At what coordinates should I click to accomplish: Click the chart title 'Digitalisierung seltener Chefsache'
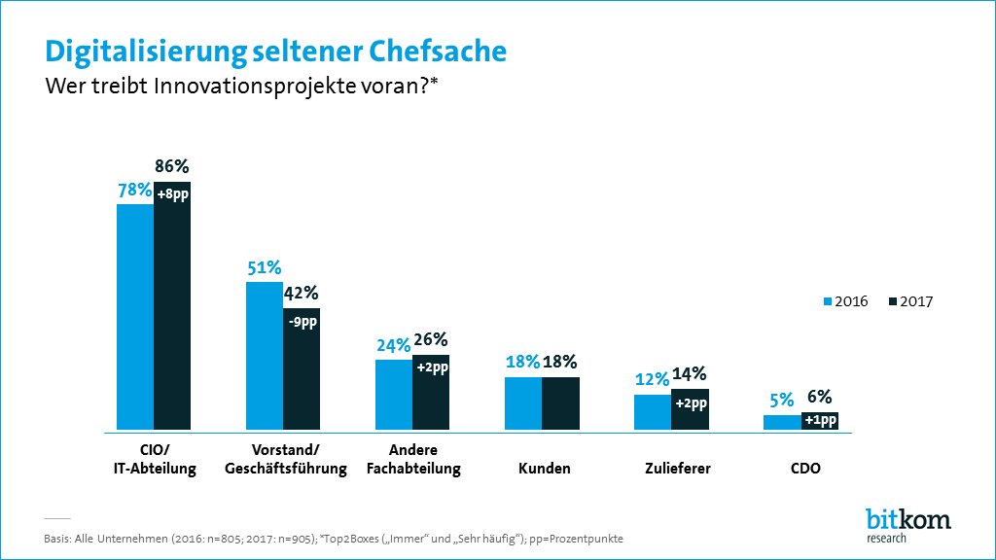tap(276, 50)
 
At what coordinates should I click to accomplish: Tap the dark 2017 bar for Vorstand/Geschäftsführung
tap(302, 379)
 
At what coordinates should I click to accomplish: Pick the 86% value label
tap(171, 166)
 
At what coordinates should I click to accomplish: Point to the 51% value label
tap(263, 267)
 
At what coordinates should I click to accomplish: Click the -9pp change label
tap(302, 323)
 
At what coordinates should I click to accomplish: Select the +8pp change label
tap(172, 194)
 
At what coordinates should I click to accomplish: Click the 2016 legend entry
tap(846, 301)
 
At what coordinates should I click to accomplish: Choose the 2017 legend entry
tap(910, 301)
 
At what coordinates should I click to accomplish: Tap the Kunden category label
tap(544, 469)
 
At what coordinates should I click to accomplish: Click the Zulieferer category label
tap(677, 469)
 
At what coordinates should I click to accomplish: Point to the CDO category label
tap(806, 469)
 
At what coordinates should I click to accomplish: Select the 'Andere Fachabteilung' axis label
tap(413, 459)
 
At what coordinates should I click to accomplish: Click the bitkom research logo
tap(907, 524)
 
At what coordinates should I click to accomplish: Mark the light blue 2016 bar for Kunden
tap(523, 403)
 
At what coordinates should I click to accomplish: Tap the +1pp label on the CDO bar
tap(820, 420)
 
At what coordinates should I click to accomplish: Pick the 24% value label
tap(392, 344)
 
